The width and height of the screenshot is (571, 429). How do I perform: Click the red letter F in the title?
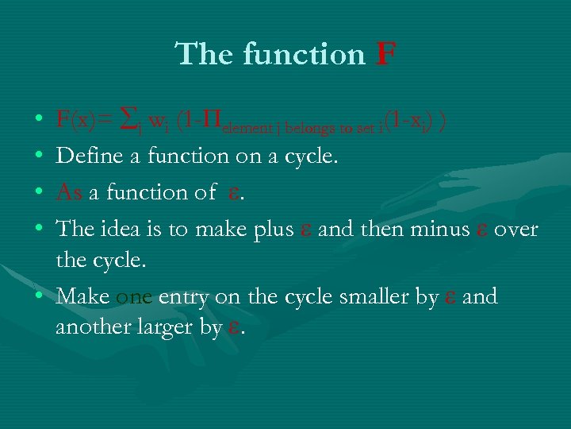coord(385,55)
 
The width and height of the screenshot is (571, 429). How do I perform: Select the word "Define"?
coord(89,156)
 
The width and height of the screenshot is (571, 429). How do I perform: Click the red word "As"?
coord(69,192)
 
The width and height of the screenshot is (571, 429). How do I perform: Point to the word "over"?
coord(519,230)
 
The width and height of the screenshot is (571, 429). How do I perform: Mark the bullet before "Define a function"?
coord(39,157)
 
